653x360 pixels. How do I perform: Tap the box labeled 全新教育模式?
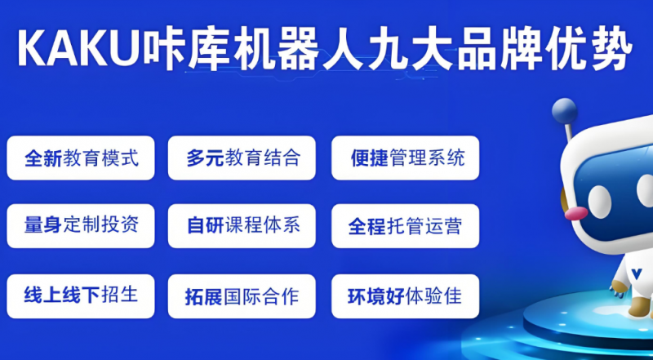point(81,158)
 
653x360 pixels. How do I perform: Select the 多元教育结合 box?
point(242,158)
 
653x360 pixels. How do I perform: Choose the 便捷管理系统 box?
point(405,158)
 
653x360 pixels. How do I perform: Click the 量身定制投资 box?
point(81,226)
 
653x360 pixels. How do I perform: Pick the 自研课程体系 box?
point(242,226)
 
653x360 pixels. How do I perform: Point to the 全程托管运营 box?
point(405,226)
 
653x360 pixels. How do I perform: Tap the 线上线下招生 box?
point(81,296)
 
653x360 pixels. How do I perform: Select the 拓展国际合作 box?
point(242,296)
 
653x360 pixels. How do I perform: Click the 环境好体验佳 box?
point(405,296)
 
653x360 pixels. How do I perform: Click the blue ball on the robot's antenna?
point(564,110)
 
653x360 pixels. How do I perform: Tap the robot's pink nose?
point(576,213)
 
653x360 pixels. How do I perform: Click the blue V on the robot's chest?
point(636,273)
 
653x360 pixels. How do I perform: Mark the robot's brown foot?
point(639,306)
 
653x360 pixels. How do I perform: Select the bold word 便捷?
point(370,158)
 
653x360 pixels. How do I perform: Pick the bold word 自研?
point(206,226)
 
